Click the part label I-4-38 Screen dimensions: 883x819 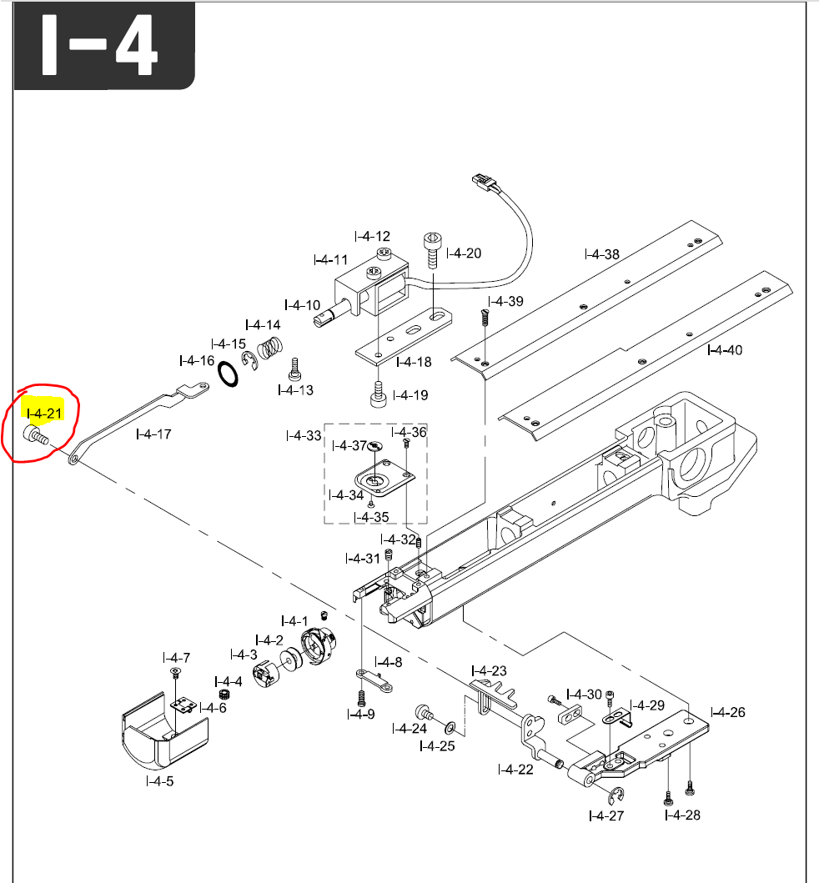click(x=601, y=253)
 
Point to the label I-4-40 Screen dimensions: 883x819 click(x=724, y=349)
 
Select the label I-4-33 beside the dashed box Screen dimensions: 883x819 click(x=303, y=435)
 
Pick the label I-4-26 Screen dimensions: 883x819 click(x=727, y=712)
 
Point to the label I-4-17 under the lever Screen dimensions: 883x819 click(x=153, y=434)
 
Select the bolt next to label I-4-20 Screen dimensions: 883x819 click(x=433, y=249)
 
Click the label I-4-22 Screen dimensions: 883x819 click(x=515, y=769)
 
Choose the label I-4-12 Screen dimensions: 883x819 click(x=371, y=237)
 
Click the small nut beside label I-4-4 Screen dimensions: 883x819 click(x=224, y=694)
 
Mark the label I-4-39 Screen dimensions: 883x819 click(x=506, y=301)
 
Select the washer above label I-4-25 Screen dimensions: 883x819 click(x=450, y=726)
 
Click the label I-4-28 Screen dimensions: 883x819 click(x=682, y=815)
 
